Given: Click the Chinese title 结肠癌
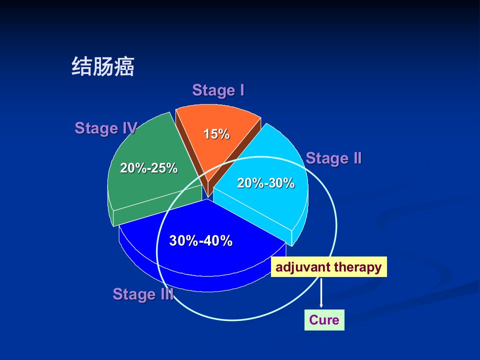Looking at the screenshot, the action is coord(103,66).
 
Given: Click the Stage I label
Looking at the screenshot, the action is coord(218,90).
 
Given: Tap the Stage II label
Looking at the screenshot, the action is coord(333,158).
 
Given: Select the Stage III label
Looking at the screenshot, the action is coord(143,294).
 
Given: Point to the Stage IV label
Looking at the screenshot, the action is coord(106,128).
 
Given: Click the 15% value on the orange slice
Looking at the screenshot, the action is coord(216,134).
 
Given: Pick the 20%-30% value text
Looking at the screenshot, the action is coord(265,183).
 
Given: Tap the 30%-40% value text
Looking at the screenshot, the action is coord(201,240).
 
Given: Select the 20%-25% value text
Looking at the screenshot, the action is coord(149,168).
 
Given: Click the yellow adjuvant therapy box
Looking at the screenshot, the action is coord(329,267).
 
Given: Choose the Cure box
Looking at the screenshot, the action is coord(324,320).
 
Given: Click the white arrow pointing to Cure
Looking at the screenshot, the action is coord(321,293).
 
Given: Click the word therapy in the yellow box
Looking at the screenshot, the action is coord(358,267).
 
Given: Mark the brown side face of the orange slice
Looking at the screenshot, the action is coord(234,159).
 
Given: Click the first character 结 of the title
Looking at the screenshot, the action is coord(81,66).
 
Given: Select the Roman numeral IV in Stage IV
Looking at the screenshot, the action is coord(130,128).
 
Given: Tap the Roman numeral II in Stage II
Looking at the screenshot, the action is coord(357,158).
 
